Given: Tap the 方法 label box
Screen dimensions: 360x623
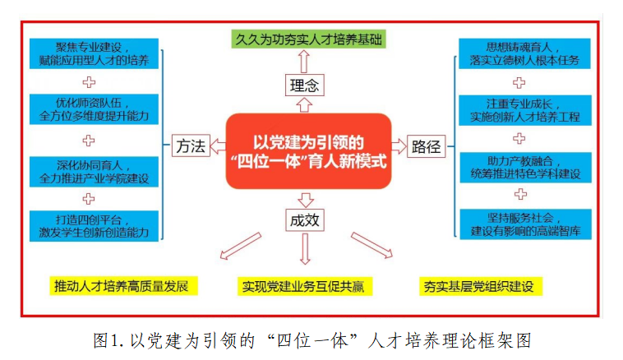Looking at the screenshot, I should point(189,147).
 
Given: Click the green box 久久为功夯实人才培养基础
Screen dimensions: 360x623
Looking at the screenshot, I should point(306,39).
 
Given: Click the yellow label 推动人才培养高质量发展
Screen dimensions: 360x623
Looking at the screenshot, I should point(122,287).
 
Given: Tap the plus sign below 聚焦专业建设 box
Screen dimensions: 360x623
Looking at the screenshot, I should point(90,81).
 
